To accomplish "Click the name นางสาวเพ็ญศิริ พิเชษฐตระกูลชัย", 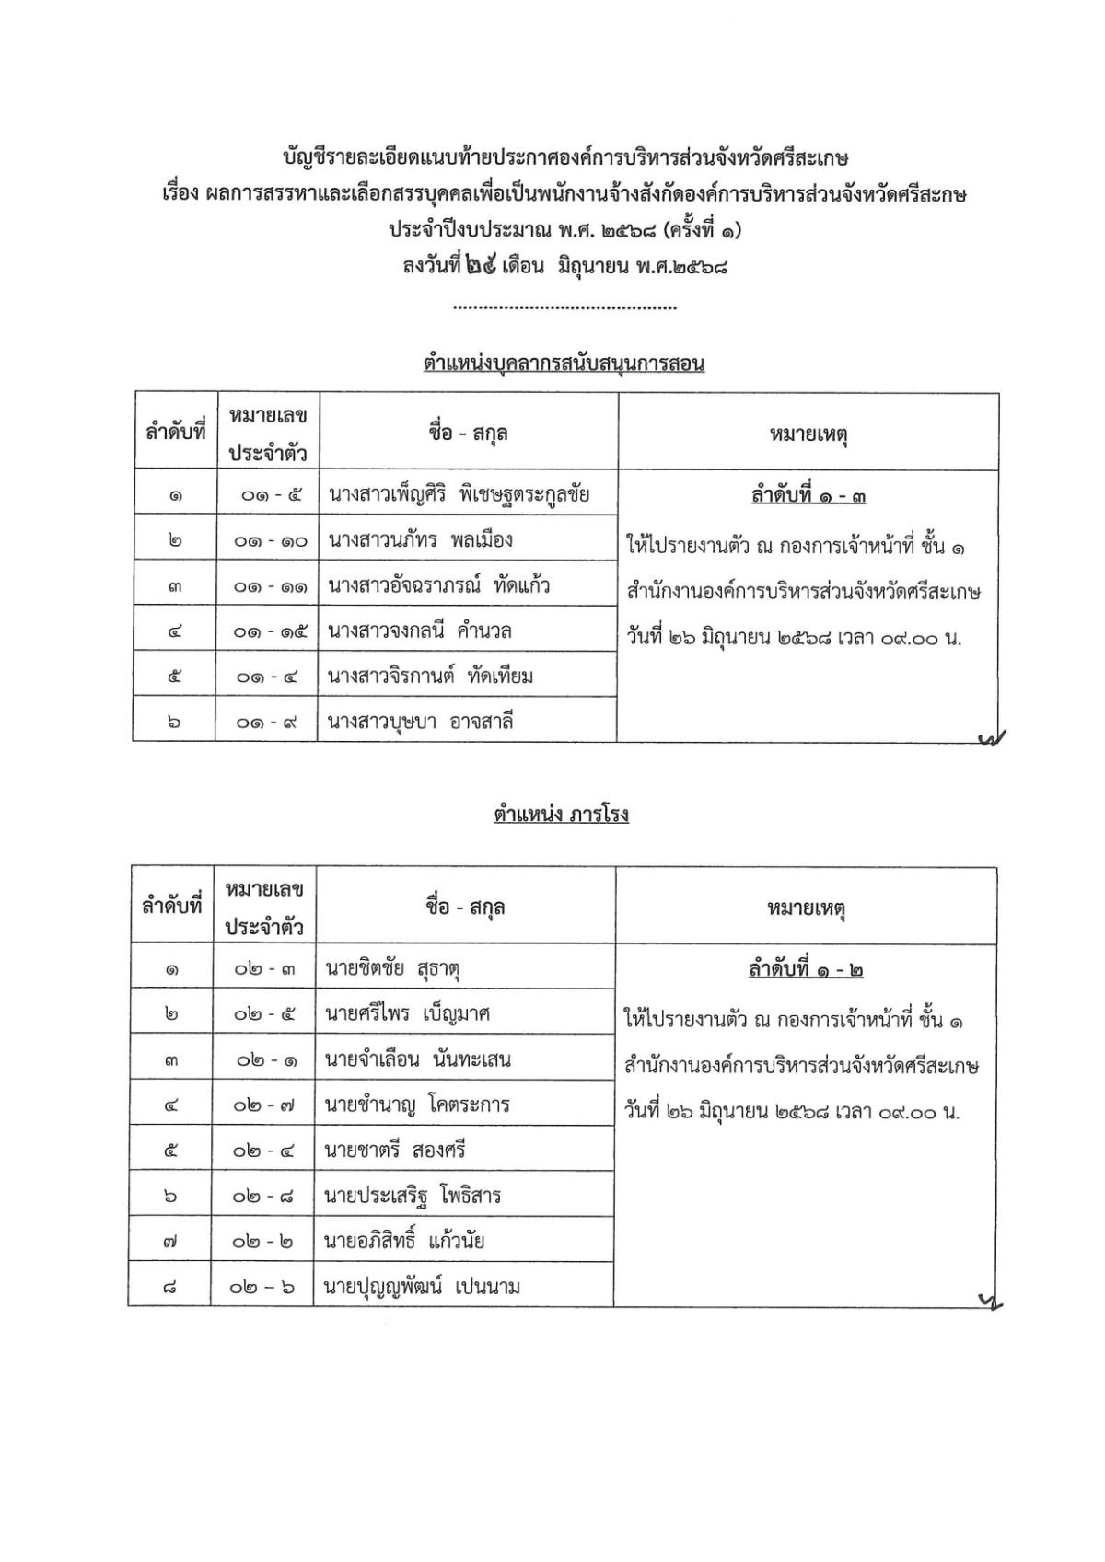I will pyautogui.click(x=459, y=494).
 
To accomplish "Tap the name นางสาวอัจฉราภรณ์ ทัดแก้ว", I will pyautogui.click(x=438, y=585).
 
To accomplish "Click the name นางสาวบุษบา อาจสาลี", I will pyautogui.click(x=420, y=722).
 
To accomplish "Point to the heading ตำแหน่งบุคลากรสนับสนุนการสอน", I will pyautogui.click(x=564, y=363).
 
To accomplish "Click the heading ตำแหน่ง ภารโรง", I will pyautogui.click(x=561, y=814).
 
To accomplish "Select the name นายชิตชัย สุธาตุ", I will pyautogui.click(x=392, y=968).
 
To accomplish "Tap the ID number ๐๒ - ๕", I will pyautogui.click(x=264, y=1014).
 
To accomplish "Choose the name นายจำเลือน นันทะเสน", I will pyautogui.click(x=417, y=1059).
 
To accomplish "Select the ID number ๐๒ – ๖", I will pyautogui.click(x=264, y=1287).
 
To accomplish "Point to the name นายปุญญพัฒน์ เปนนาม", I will pyautogui.click(x=423, y=1287).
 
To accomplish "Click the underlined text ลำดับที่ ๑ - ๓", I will pyautogui.click(x=808, y=496).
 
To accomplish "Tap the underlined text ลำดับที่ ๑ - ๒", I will pyautogui.click(x=806, y=970).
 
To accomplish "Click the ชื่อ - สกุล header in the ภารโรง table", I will pyautogui.click(x=465, y=907).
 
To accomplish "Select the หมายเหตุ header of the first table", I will pyautogui.click(x=808, y=434).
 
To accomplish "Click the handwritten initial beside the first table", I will pyautogui.click(x=992, y=736).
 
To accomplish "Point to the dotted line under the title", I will pyautogui.click(x=566, y=307).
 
